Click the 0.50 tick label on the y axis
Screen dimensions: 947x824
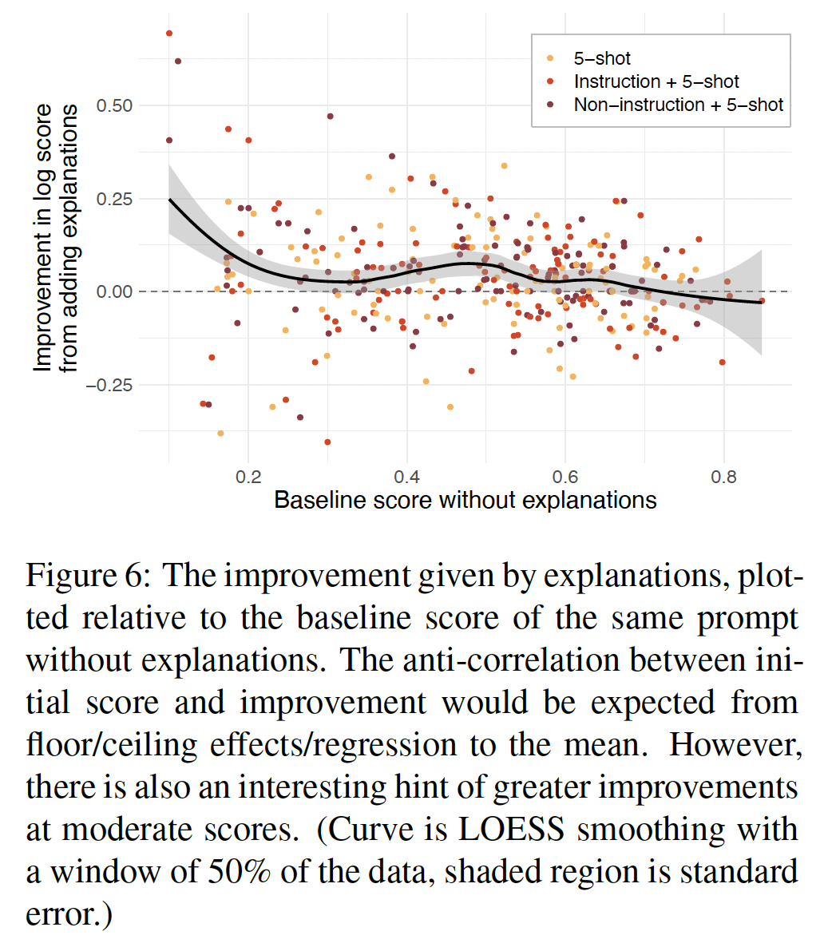(114, 106)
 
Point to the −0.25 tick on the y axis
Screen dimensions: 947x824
(109, 386)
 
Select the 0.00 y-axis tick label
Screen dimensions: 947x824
(114, 292)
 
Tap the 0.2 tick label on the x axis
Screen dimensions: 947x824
(248, 477)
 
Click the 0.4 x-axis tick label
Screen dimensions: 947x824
(407, 477)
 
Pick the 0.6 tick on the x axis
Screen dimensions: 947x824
(565, 477)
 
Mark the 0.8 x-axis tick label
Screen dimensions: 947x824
(723, 477)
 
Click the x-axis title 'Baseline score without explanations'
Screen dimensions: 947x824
(465, 501)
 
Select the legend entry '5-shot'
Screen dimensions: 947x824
(602, 58)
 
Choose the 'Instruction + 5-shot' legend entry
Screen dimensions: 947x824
(656, 81)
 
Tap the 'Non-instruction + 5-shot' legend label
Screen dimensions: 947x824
(679, 105)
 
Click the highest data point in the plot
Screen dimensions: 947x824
(169, 34)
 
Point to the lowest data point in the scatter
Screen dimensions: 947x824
(327, 442)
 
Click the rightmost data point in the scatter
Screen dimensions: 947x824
(762, 301)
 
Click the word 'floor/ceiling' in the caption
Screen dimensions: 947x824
(112, 745)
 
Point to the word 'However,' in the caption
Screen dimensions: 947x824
(735, 745)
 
